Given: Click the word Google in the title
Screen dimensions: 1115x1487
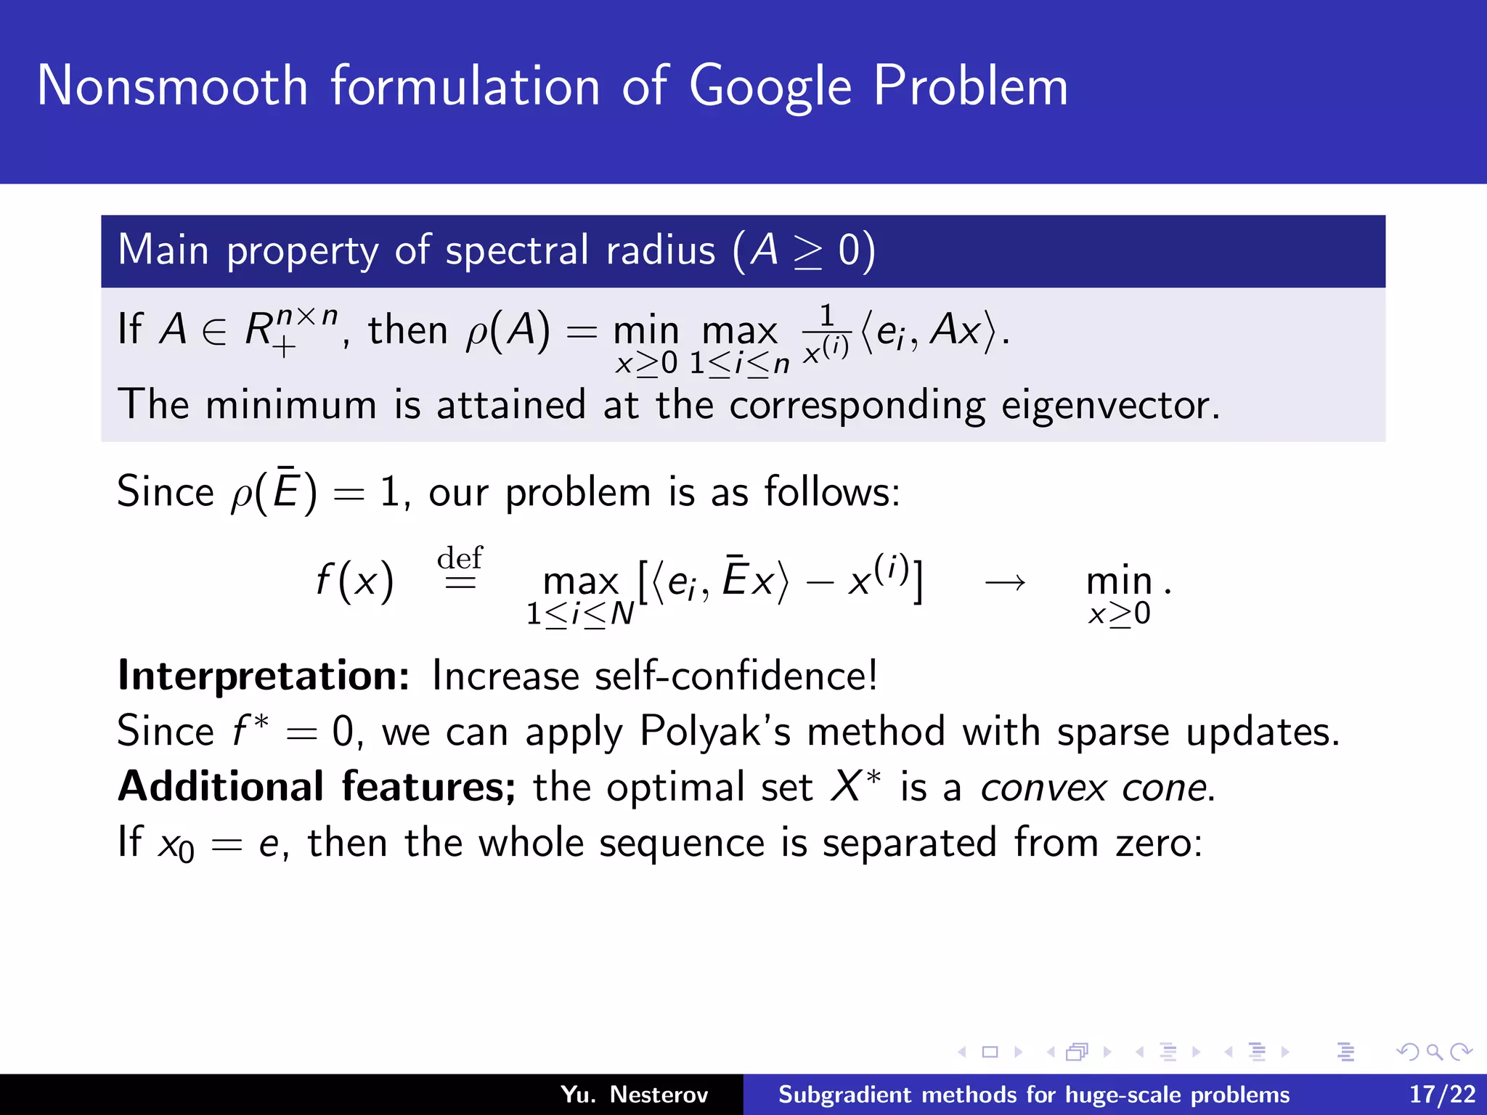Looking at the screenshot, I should point(770,87).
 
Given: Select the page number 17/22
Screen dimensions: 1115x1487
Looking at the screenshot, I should point(1442,1094).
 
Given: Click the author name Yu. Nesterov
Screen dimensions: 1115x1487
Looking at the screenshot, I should point(634,1094).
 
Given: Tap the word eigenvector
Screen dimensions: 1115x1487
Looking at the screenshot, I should point(1109,405).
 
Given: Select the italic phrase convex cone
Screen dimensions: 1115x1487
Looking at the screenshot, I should point(1096,788).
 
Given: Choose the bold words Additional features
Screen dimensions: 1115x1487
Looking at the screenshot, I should point(317,787).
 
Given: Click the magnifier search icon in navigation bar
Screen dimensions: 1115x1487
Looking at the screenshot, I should point(1433,1052).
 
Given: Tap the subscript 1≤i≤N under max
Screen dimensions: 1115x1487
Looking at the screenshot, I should point(579,615).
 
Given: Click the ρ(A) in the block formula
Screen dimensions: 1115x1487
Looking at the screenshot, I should point(508,331).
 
